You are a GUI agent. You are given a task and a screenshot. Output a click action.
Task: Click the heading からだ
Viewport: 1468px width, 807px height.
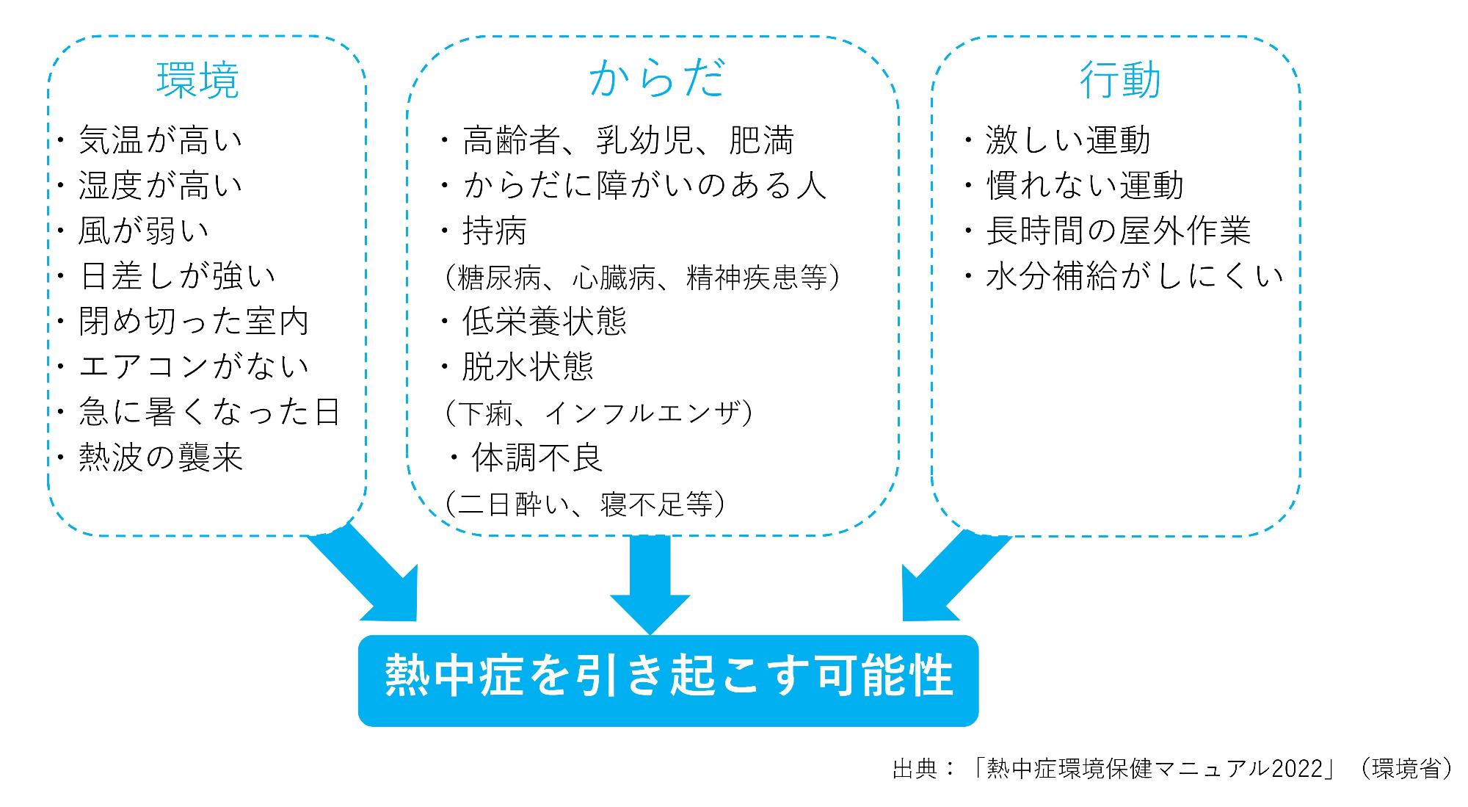click(657, 79)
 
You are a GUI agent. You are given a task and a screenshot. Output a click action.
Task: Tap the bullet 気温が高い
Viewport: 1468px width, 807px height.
click(161, 140)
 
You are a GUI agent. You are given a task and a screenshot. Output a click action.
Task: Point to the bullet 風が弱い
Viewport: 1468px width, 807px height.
click(144, 231)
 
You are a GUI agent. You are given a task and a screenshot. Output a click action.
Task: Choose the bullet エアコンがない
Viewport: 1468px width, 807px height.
click(194, 366)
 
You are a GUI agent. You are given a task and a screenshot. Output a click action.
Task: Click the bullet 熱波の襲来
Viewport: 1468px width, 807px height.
click(161, 457)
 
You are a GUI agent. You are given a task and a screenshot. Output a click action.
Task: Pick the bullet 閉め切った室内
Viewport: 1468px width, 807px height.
click(194, 321)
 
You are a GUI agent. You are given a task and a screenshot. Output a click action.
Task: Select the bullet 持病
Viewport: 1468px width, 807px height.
click(495, 231)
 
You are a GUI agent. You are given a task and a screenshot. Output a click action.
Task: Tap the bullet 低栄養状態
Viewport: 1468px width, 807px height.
click(544, 321)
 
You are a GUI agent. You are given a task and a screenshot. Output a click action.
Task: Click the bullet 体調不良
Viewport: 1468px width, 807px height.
click(537, 457)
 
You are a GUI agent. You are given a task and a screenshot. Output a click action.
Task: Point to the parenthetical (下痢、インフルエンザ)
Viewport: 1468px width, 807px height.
click(597, 413)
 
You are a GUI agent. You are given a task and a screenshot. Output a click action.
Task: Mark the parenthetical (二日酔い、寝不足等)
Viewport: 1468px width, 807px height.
click(585, 504)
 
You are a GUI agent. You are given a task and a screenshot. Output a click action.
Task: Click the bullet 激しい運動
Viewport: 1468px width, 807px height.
click(1068, 140)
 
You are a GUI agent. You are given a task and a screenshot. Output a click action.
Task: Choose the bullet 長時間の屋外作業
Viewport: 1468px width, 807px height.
click(1118, 231)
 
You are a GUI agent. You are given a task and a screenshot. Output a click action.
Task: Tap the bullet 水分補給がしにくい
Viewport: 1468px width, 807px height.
click(1134, 276)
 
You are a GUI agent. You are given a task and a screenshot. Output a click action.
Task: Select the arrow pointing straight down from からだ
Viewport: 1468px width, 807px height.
click(650, 585)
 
